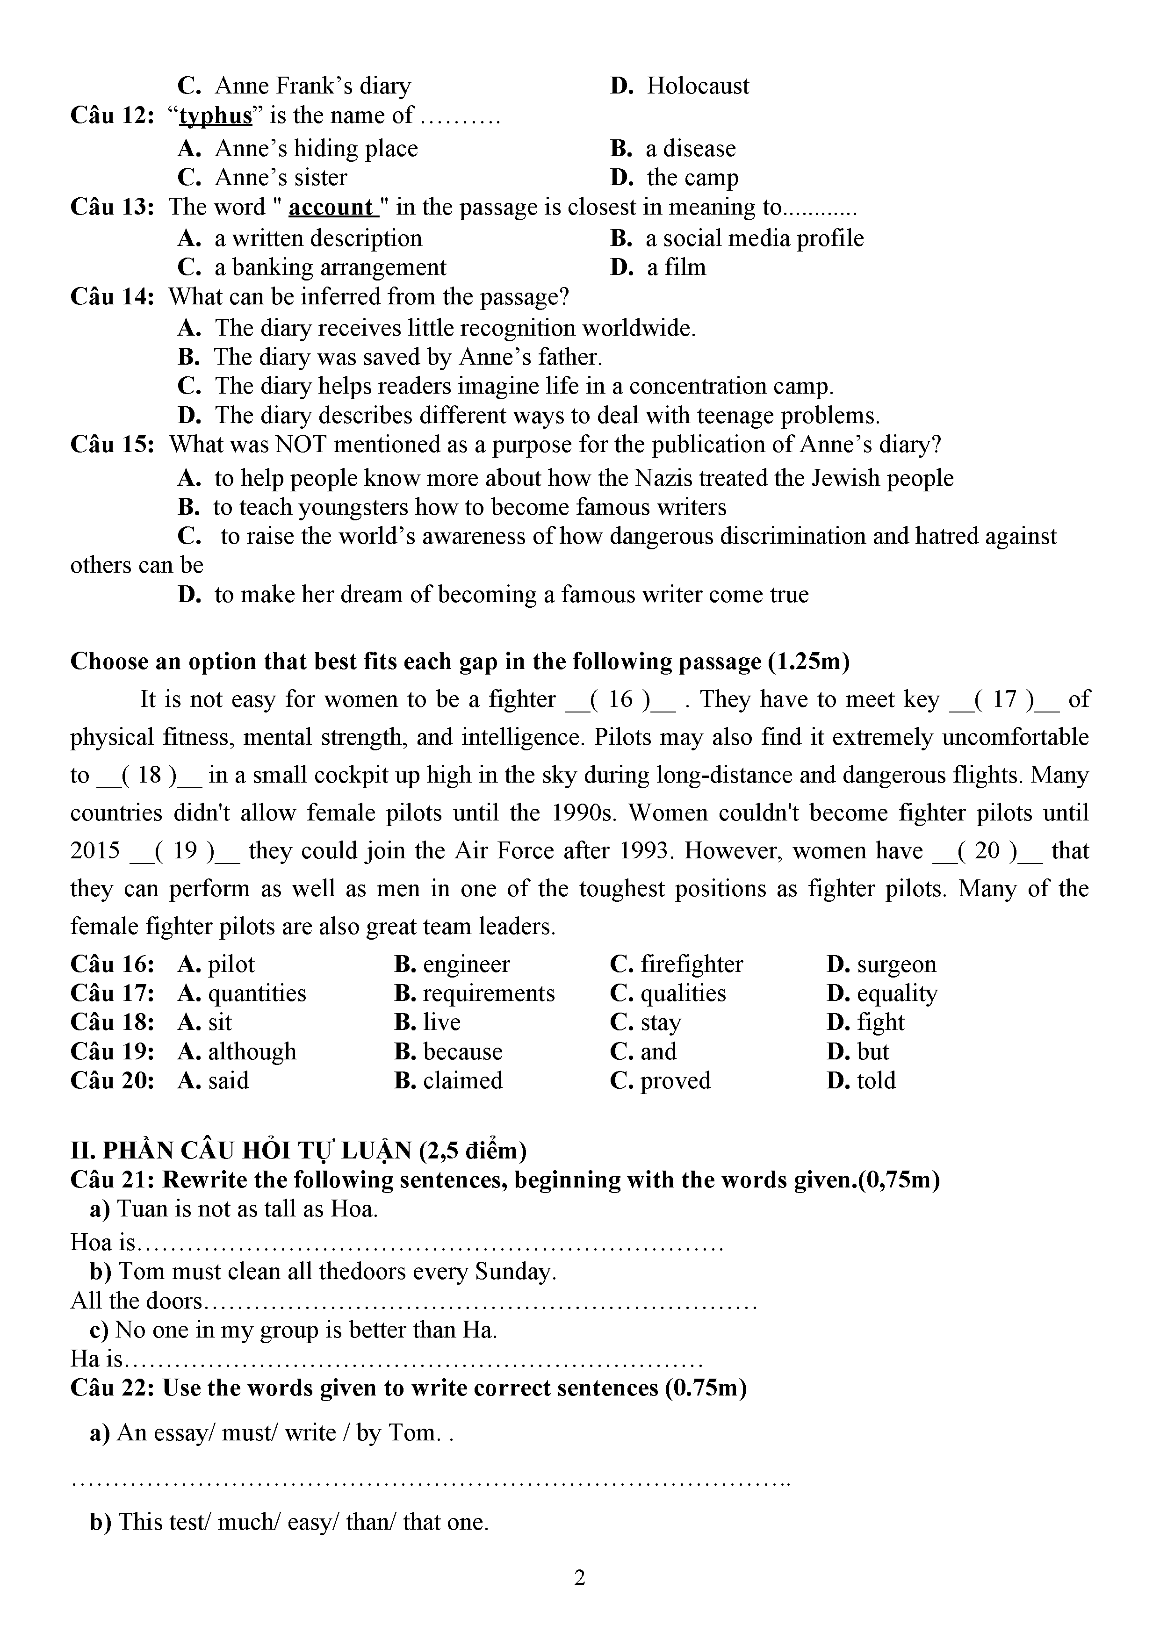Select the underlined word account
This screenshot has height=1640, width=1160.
click(x=331, y=207)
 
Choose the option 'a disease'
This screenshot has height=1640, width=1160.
click(x=690, y=149)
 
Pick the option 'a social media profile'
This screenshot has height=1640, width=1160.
click(x=754, y=238)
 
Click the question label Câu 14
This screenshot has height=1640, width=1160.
click(x=112, y=296)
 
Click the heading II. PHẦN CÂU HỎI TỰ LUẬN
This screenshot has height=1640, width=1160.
click(x=299, y=1151)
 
